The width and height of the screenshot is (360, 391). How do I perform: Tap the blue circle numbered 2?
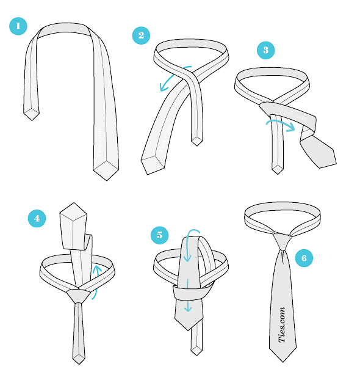[141, 35]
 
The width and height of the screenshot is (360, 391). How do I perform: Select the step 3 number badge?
[265, 49]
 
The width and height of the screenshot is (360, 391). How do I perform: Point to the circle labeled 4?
[37, 217]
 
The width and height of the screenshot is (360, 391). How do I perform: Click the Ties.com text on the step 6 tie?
[282, 325]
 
